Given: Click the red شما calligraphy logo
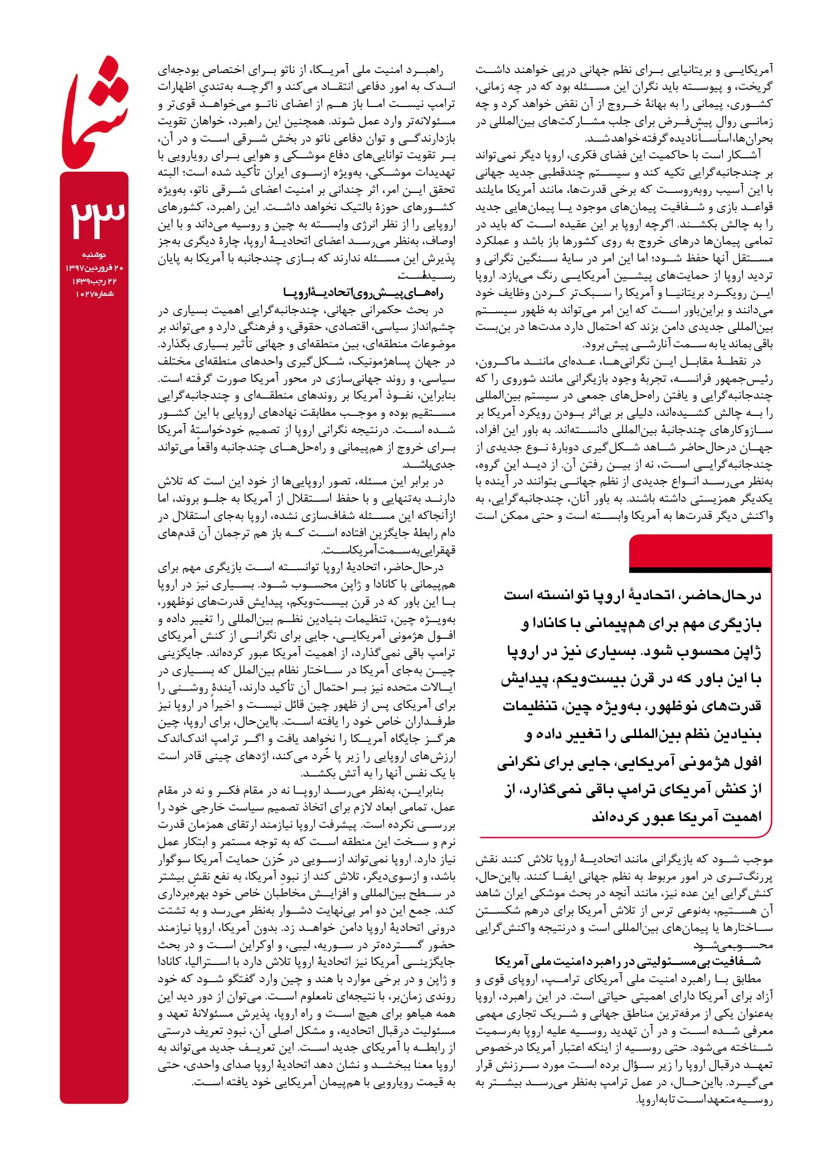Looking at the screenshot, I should coord(95,112).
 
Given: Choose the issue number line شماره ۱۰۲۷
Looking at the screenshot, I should coord(94,294).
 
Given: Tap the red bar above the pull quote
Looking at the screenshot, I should coord(700,552).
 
